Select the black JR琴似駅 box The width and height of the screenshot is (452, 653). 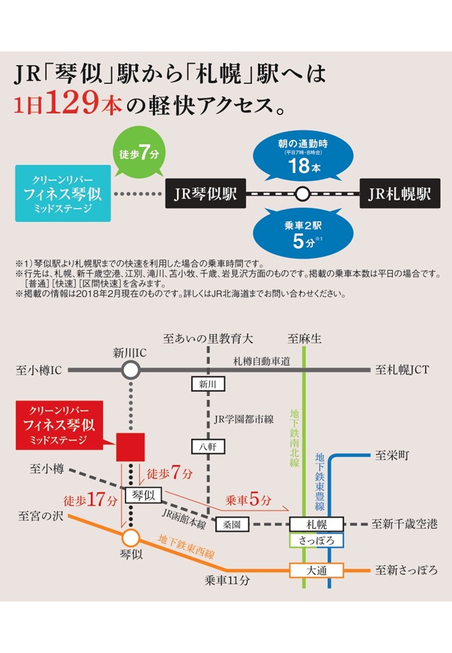[x=205, y=193]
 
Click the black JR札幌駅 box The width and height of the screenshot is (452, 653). [x=400, y=193]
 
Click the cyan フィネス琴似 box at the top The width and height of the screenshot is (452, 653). [x=63, y=193]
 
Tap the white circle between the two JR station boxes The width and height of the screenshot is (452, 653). [x=303, y=193]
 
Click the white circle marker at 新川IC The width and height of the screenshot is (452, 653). [x=131, y=370]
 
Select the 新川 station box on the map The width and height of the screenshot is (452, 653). [x=208, y=384]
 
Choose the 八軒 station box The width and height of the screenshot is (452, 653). [x=208, y=446]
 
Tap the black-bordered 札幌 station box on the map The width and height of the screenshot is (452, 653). [x=316, y=523]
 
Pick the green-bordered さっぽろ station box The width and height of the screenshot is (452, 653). [x=316, y=539]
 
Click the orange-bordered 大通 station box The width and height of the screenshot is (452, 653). [x=316, y=570]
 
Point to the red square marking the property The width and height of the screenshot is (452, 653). [x=130, y=447]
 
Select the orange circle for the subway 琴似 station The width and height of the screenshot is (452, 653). [x=131, y=537]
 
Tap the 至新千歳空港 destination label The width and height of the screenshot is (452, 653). [x=404, y=524]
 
